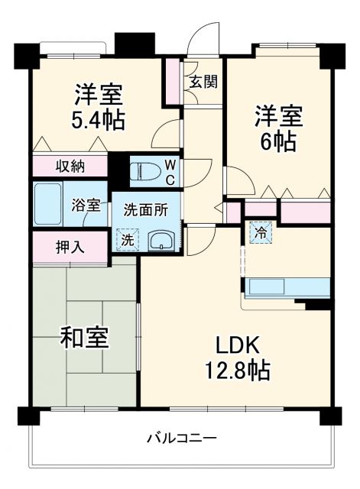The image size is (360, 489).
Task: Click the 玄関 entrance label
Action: [x=203, y=80]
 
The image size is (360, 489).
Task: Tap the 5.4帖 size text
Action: [x=99, y=119]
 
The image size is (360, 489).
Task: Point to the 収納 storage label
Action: [x=70, y=166]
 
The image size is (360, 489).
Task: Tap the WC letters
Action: [x=170, y=172]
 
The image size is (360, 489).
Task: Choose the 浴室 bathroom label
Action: [x=85, y=205]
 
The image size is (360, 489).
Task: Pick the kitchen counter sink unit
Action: [x=287, y=288]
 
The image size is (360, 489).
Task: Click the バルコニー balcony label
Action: [x=180, y=438]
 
